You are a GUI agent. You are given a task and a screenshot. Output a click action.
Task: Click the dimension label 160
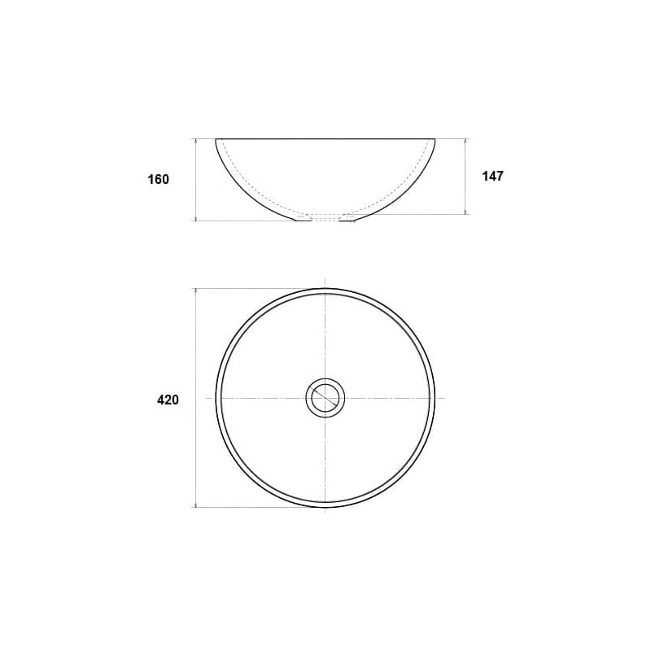click(x=159, y=179)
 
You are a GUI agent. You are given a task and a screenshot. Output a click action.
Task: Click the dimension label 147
click(x=493, y=176)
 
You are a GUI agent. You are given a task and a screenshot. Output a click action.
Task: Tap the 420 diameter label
click(x=168, y=400)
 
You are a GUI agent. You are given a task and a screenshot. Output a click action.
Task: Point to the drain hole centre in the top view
click(x=325, y=398)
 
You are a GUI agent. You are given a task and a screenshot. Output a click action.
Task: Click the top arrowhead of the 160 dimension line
click(x=195, y=141)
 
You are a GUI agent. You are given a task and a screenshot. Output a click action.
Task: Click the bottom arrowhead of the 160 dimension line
click(x=195, y=218)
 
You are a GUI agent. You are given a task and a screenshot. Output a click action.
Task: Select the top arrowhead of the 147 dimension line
click(x=465, y=141)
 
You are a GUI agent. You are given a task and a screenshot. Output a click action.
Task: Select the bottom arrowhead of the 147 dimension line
click(x=465, y=212)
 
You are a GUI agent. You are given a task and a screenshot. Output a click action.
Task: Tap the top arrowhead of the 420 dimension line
click(x=195, y=291)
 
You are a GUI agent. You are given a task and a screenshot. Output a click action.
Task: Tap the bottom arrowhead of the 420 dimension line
click(x=195, y=505)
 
